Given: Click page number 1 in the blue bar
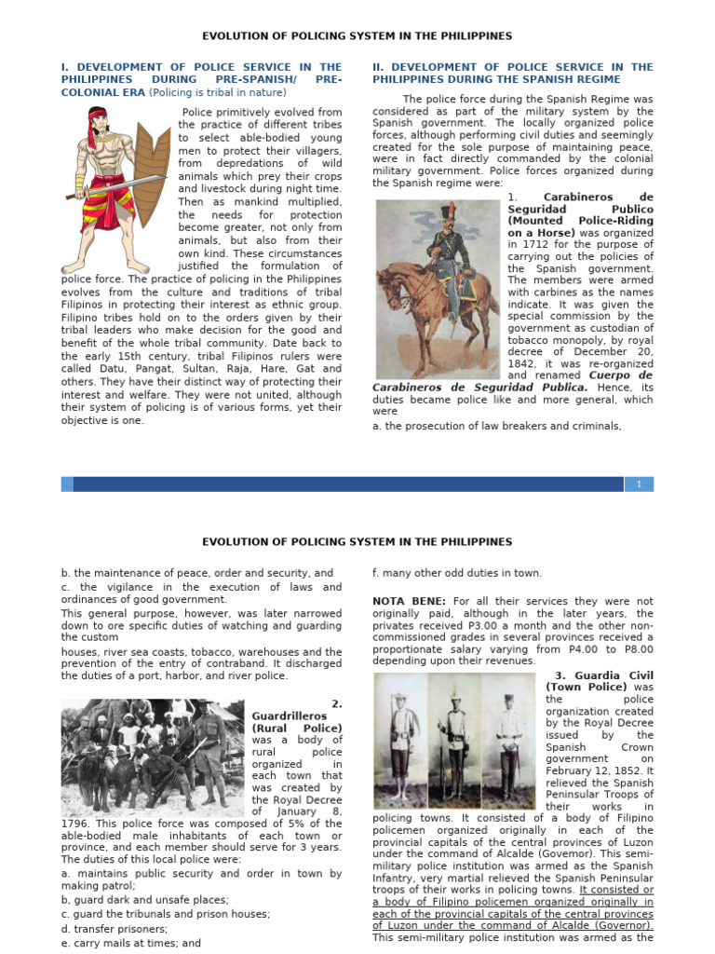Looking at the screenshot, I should click(640, 484).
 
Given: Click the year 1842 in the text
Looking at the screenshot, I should click(523, 364).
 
